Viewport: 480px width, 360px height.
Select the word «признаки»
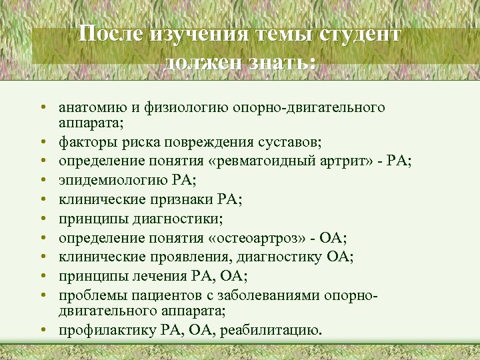tap(196, 197)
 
